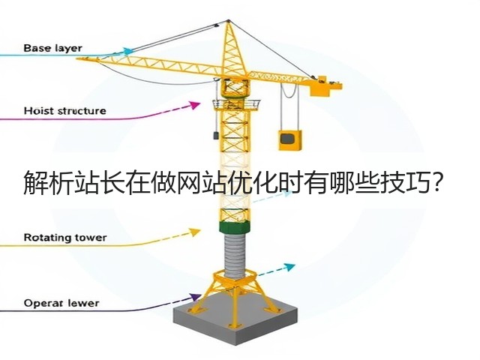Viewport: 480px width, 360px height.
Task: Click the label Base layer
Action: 52,48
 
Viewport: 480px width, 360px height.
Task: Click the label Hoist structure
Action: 65,110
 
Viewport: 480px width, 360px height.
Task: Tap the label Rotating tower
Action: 65,238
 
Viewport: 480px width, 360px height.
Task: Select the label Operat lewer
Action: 61,303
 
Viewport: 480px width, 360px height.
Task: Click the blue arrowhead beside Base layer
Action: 128,51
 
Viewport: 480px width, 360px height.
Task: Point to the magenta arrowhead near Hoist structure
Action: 195,105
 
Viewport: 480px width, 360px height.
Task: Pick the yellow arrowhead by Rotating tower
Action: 195,232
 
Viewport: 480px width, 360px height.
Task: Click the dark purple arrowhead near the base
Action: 195,297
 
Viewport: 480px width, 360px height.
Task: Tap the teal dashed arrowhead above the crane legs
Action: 289,267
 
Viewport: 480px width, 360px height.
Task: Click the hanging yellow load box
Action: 289,140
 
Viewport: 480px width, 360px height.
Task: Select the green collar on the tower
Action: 235,228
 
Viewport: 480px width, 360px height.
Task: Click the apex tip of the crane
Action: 228,21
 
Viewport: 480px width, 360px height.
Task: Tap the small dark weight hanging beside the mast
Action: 215,135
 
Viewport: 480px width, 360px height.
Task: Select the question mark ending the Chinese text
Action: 436,182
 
